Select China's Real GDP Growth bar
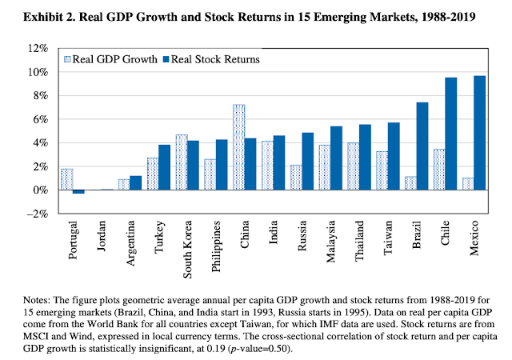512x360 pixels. (238, 147)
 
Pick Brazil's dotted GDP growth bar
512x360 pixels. (411, 183)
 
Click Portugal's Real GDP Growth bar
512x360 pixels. (66, 179)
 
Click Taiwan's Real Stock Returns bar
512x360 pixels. (393, 156)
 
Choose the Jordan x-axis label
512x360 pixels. (102, 240)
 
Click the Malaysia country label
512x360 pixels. (332, 244)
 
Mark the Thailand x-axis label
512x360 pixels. (361, 244)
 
